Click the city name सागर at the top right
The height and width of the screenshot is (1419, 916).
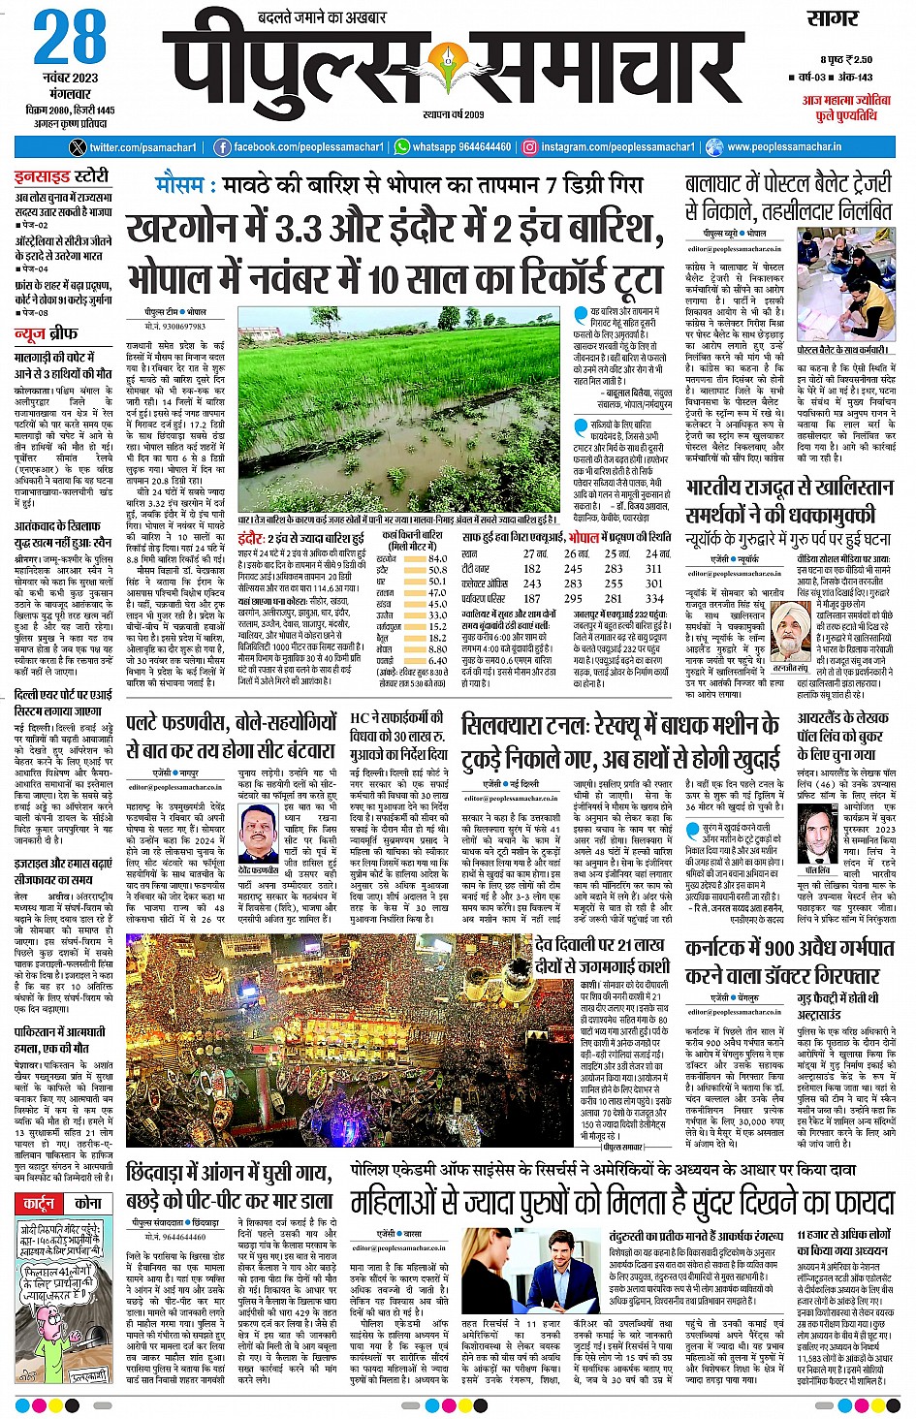coord(833,18)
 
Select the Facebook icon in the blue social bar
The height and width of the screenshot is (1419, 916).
coord(222,147)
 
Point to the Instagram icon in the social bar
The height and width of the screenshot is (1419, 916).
coord(529,147)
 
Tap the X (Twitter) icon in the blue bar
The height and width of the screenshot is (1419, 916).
coord(79,147)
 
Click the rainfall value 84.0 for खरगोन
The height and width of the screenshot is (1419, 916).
coord(437,558)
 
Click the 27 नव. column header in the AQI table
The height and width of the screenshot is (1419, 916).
coord(535,553)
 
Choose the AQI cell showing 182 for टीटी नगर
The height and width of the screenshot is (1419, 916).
coord(532,569)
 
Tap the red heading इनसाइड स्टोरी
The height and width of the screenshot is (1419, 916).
coord(62,177)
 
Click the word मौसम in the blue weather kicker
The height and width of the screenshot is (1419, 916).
coord(179,184)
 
